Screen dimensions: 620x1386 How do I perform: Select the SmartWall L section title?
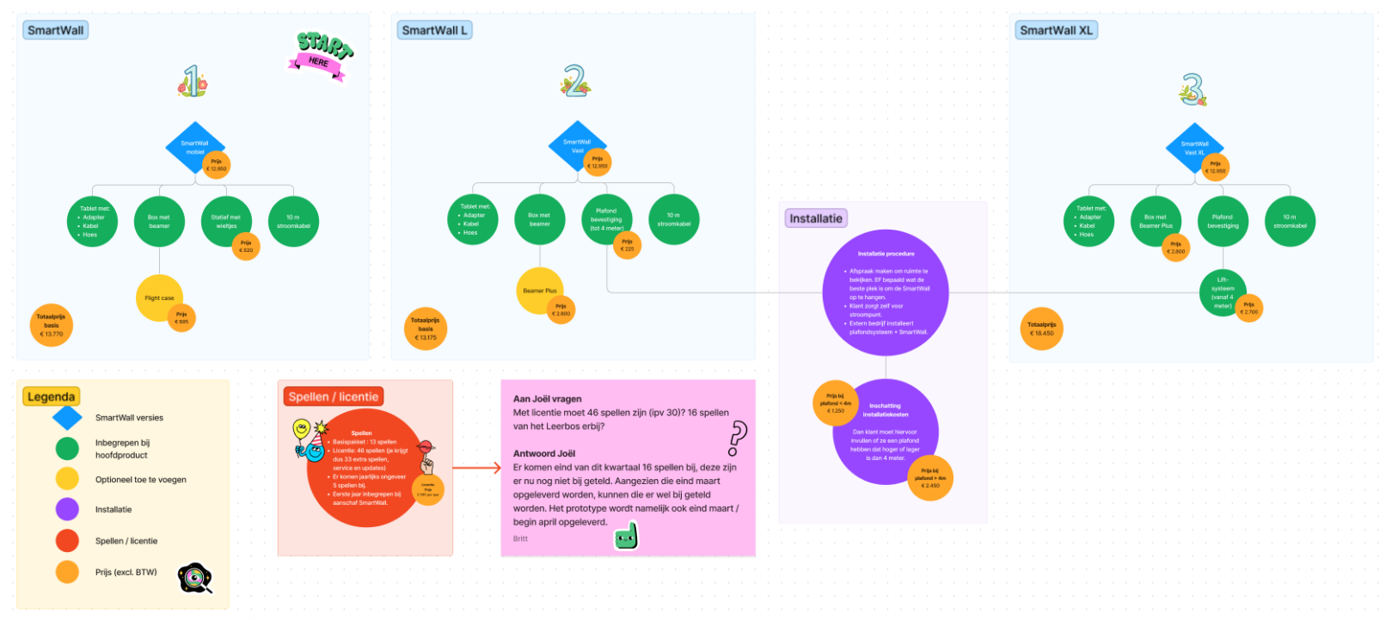pyautogui.click(x=435, y=30)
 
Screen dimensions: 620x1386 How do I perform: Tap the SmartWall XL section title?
pyautogui.click(x=1056, y=30)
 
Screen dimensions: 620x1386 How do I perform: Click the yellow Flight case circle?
pyautogui.click(x=158, y=298)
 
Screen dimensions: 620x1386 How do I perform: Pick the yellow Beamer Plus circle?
pyautogui.click(x=539, y=290)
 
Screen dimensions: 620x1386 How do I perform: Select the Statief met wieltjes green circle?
pyautogui.click(x=225, y=221)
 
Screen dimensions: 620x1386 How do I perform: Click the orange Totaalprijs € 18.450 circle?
pyautogui.click(x=1040, y=328)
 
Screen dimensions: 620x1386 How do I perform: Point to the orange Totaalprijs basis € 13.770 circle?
pyautogui.click(x=51, y=325)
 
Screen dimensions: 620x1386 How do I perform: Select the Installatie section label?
pyautogui.click(x=816, y=218)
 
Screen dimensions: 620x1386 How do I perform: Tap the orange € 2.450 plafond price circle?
pyautogui.click(x=930, y=478)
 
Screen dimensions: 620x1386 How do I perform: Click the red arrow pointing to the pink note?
pyautogui.click(x=477, y=468)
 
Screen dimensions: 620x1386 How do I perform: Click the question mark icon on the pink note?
pyautogui.click(x=738, y=438)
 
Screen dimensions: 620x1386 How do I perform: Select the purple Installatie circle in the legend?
pyautogui.click(x=67, y=509)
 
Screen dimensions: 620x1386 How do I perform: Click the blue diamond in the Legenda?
pyautogui.click(x=67, y=418)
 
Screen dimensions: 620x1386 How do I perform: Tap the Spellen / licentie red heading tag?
pyautogui.click(x=334, y=396)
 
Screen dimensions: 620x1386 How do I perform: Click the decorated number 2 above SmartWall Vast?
pyautogui.click(x=575, y=82)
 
